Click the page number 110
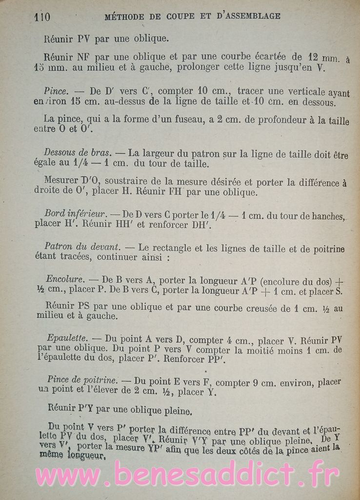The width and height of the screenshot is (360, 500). [42, 17]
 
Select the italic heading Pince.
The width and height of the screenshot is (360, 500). [55, 91]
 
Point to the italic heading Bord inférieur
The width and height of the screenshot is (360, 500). [75, 213]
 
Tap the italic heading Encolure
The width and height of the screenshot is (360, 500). [65, 280]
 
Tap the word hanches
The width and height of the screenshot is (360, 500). [326, 216]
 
